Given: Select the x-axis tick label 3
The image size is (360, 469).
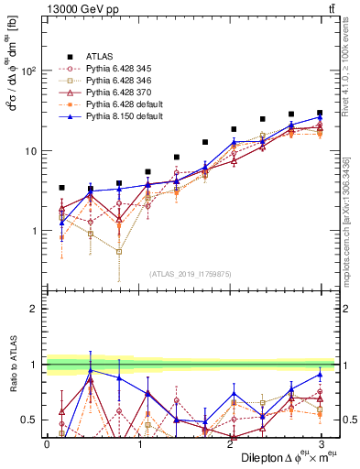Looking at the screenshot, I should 322,443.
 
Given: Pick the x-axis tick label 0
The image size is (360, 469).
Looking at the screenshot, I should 47,443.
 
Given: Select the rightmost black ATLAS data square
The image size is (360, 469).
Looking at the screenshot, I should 320,113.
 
